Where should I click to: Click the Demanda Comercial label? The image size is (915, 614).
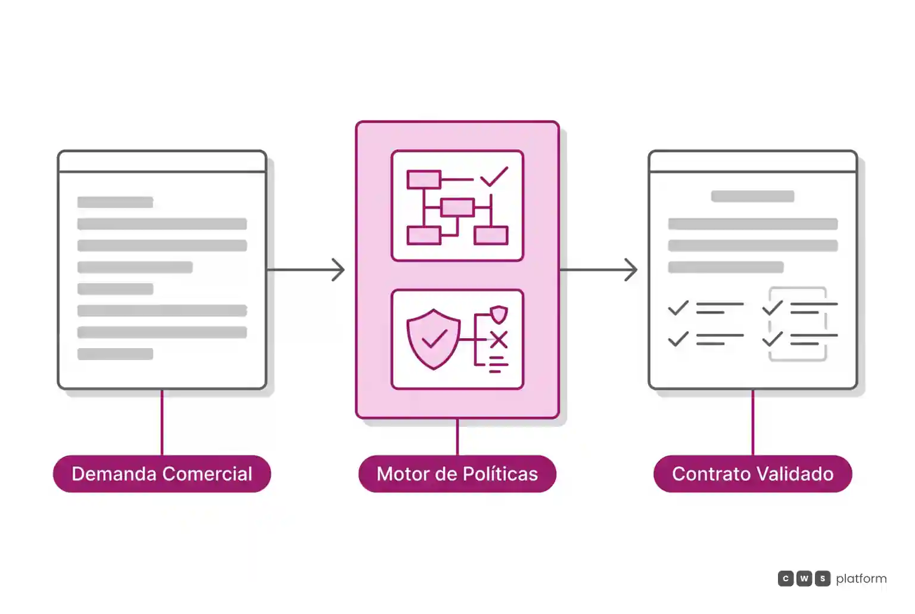pyautogui.click(x=162, y=474)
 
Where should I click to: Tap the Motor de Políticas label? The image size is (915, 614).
pyautogui.click(x=457, y=474)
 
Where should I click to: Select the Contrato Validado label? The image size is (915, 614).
pyautogui.click(x=752, y=474)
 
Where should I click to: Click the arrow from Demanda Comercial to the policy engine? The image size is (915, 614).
pyautogui.click(x=306, y=269)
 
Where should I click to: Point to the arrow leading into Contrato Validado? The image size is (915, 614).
pyautogui.click(x=599, y=269)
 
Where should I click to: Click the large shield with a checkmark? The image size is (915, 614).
pyautogui.click(x=434, y=339)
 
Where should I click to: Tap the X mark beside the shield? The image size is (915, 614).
pyautogui.click(x=499, y=340)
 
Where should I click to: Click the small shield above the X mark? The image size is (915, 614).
pyautogui.click(x=499, y=314)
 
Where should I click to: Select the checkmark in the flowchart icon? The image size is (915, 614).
pyautogui.click(x=494, y=176)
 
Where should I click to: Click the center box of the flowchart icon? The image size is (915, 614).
pyautogui.click(x=457, y=207)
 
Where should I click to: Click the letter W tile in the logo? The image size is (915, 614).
pyautogui.click(x=804, y=578)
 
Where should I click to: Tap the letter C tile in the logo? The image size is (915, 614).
pyautogui.click(x=786, y=578)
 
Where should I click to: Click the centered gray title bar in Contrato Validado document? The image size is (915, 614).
pyautogui.click(x=752, y=196)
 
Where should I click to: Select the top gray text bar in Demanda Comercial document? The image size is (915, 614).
pyautogui.click(x=115, y=202)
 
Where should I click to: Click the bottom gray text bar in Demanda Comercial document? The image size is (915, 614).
pyautogui.click(x=115, y=354)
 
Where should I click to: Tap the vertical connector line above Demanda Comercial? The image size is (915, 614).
pyautogui.click(x=162, y=422)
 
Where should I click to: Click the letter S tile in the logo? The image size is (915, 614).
pyautogui.click(x=823, y=578)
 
